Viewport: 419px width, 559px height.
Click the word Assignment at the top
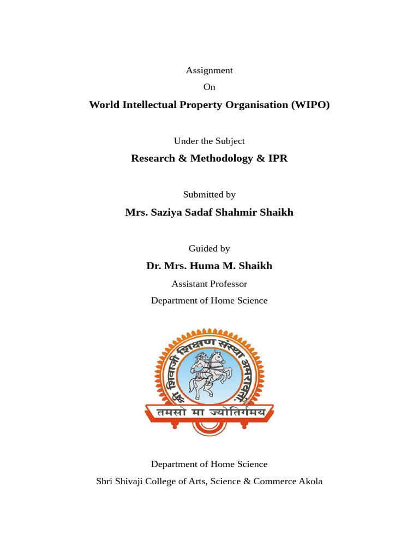point(209,70)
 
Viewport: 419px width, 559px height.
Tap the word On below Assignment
point(209,87)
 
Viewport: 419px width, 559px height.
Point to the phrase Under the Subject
point(209,141)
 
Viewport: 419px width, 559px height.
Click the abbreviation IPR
point(277,158)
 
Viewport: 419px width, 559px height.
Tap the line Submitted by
point(209,194)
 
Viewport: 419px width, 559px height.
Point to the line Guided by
point(209,248)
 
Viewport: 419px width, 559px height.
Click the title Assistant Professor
point(209,284)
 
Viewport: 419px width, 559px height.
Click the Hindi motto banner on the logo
point(209,413)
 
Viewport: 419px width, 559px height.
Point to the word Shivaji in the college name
point(134,481)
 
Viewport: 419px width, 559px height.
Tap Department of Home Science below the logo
point(209,464)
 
